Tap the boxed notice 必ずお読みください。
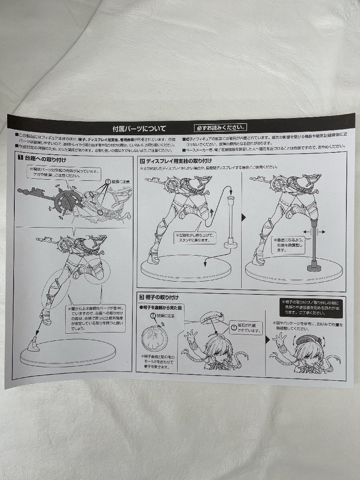click(220, 128)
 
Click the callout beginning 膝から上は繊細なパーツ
click(96, 318)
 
